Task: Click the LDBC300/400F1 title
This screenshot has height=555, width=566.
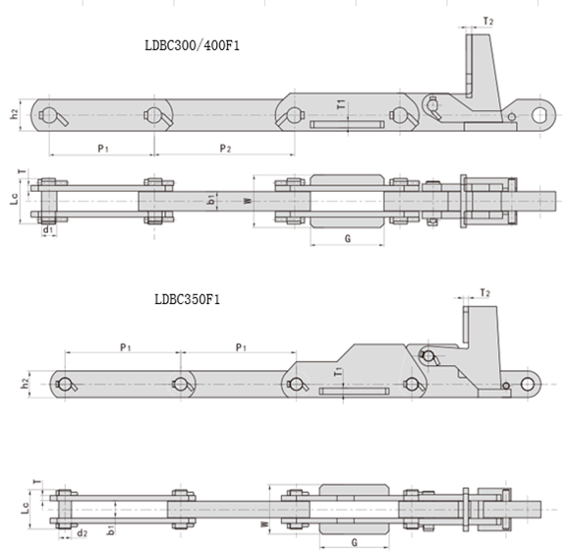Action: pos(192,46)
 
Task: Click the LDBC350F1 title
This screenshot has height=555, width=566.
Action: pos(188,300)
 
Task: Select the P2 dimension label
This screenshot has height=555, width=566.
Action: pos(226,149)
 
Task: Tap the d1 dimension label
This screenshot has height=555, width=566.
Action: pos(48,229)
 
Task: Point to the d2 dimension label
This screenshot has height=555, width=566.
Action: pos(83,533)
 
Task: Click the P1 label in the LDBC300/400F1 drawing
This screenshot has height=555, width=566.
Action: pos(103,149)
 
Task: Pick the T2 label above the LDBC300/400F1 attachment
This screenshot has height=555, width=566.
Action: pos(488,22)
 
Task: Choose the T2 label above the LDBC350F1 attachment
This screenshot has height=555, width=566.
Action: pos(485,292)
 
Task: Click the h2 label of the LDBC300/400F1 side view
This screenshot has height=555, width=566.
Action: pos(14,114)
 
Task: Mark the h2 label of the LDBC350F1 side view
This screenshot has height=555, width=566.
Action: pos(25,384)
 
